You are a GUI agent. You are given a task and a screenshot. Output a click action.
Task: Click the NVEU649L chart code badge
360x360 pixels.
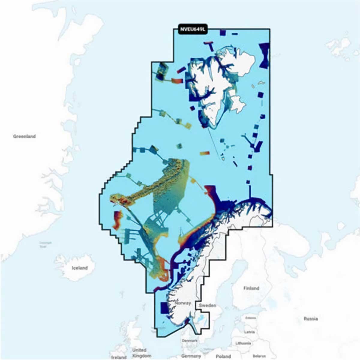click(192, 29)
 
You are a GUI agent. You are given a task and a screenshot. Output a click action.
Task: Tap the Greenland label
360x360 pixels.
click(24, 136)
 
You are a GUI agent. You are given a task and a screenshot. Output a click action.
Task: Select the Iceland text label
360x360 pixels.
click(79, 268)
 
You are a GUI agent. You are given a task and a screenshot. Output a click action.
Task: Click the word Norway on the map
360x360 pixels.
click(183, 303)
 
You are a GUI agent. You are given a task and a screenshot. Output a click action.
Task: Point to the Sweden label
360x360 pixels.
click(208, 305)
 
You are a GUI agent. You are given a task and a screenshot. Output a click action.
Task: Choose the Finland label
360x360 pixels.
click(251, 288)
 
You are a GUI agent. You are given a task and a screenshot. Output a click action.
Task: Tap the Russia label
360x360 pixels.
click(310, 319)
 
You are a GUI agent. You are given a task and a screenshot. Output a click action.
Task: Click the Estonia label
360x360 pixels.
click(250, 318)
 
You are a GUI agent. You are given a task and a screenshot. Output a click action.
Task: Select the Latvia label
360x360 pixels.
click(250, 332)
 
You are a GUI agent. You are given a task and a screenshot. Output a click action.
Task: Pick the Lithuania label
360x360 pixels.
click(243, 343)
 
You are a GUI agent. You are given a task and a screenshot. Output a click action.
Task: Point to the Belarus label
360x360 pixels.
click(259, 356)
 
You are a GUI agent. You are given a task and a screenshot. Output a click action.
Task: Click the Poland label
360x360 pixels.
click(223, 356)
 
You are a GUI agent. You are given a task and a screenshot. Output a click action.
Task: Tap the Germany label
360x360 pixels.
click(191, 356)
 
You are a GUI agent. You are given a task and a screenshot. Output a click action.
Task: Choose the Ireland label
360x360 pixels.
click(119, 357)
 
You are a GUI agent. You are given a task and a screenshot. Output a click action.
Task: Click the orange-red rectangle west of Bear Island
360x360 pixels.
click(205, 153)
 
